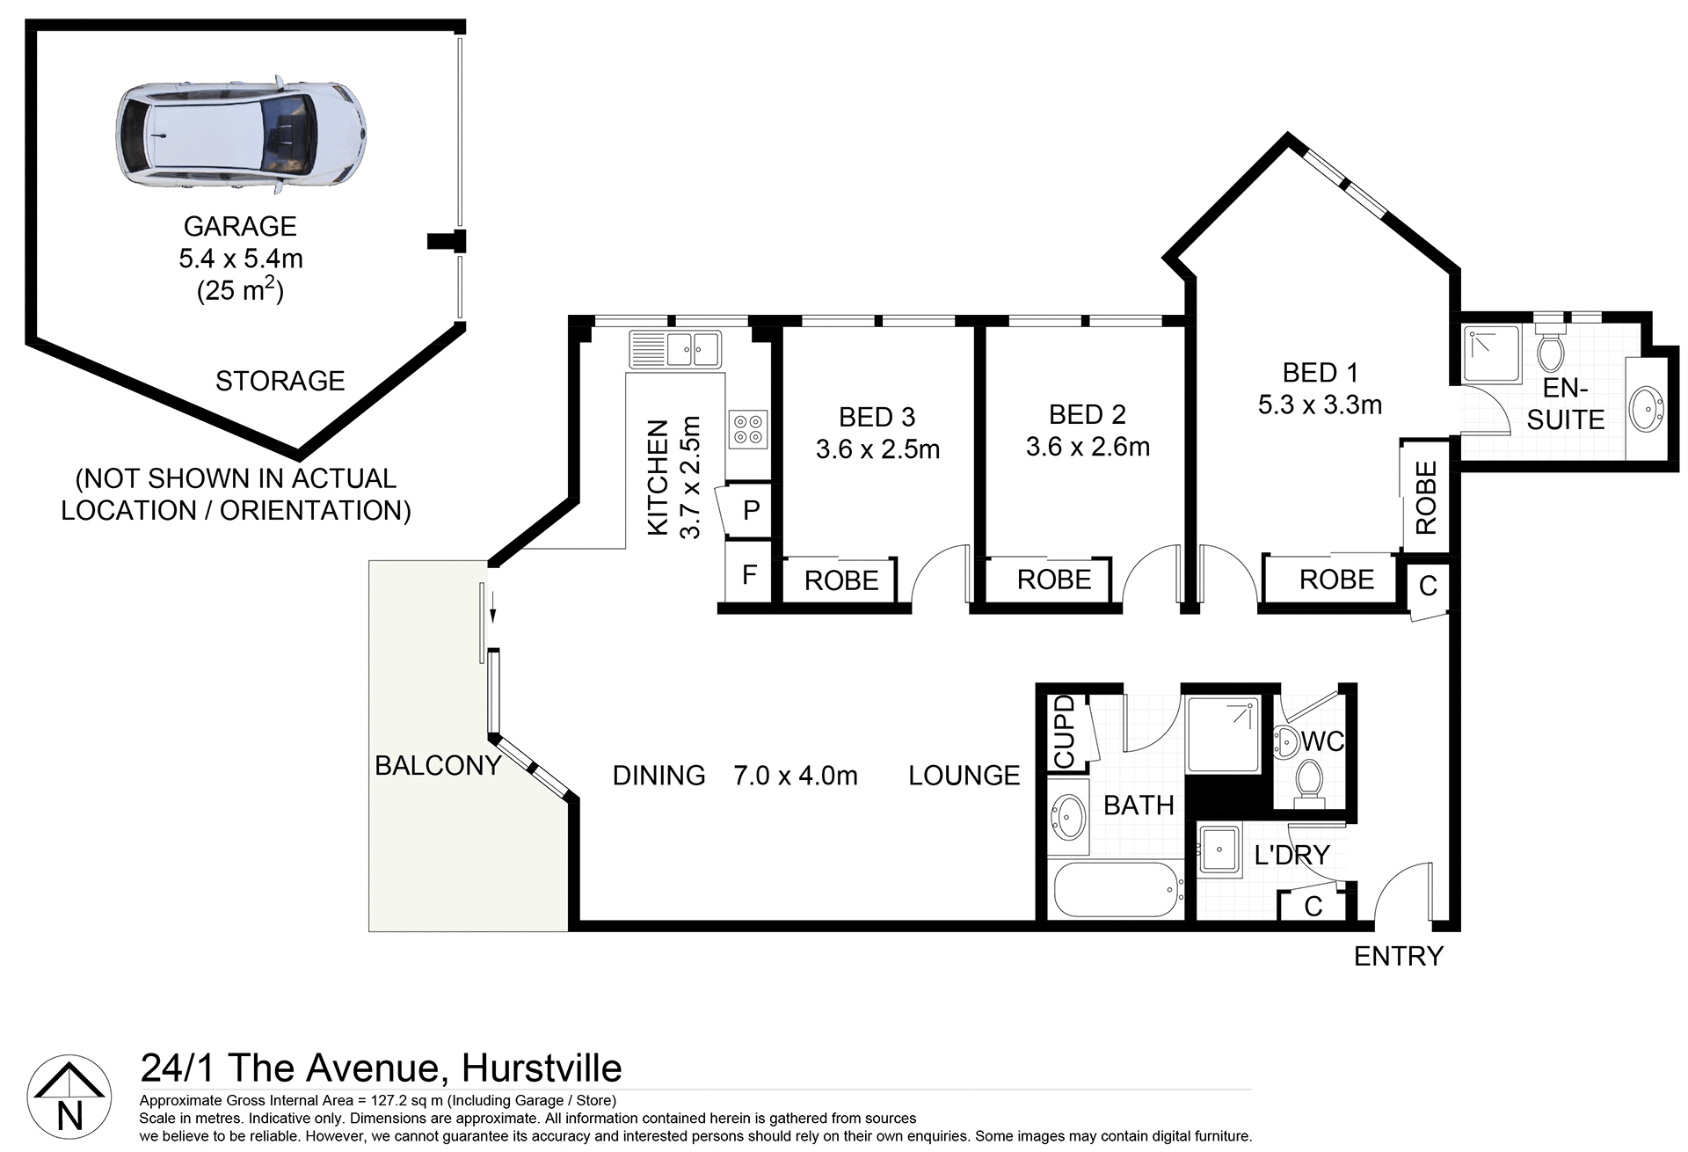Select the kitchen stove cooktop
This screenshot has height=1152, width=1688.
[x=748, y=429]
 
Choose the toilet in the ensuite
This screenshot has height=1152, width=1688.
[x=1550, y=351]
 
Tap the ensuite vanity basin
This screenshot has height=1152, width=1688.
[x=1646, y=409]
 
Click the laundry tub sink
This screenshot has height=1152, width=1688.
[x=1219, y=849]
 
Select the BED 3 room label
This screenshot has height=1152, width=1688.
[x=877, y=417]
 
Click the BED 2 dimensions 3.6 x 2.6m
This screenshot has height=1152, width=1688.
[x=1088, y=447]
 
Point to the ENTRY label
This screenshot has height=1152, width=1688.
[x=1398, y=956]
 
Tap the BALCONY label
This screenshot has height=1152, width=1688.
[x=438, y=766]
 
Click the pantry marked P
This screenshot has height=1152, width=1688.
[x=751, y=510]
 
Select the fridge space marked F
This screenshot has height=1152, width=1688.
[x=749, y=575]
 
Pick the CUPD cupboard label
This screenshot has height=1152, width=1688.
[x=1064, y=732]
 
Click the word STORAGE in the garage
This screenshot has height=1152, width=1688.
[x=280, y=381]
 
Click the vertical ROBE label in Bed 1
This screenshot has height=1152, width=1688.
[x=1425, y=498]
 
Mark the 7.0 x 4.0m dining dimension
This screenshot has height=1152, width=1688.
[x=796, y=776]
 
